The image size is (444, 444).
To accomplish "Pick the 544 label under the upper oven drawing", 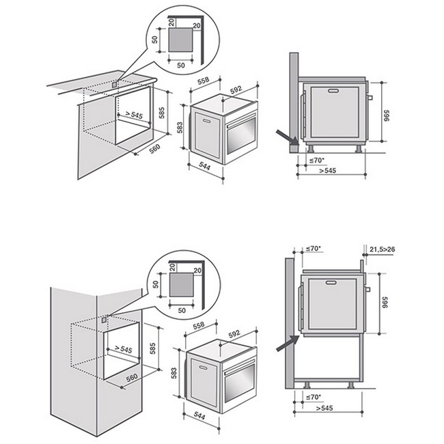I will (204, 166).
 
